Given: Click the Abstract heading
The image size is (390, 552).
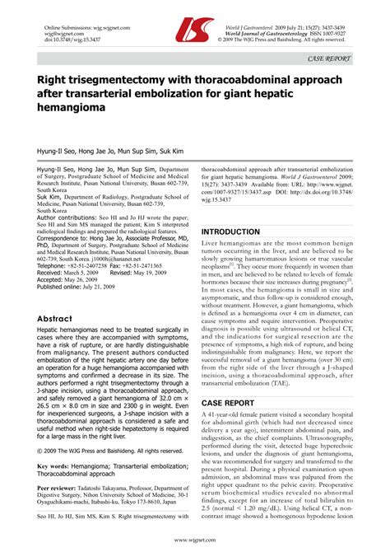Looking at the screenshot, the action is pyautogui.click(x=61, y=318).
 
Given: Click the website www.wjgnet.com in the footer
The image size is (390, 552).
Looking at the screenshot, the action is pyautogui.click(x=195, y=540).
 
